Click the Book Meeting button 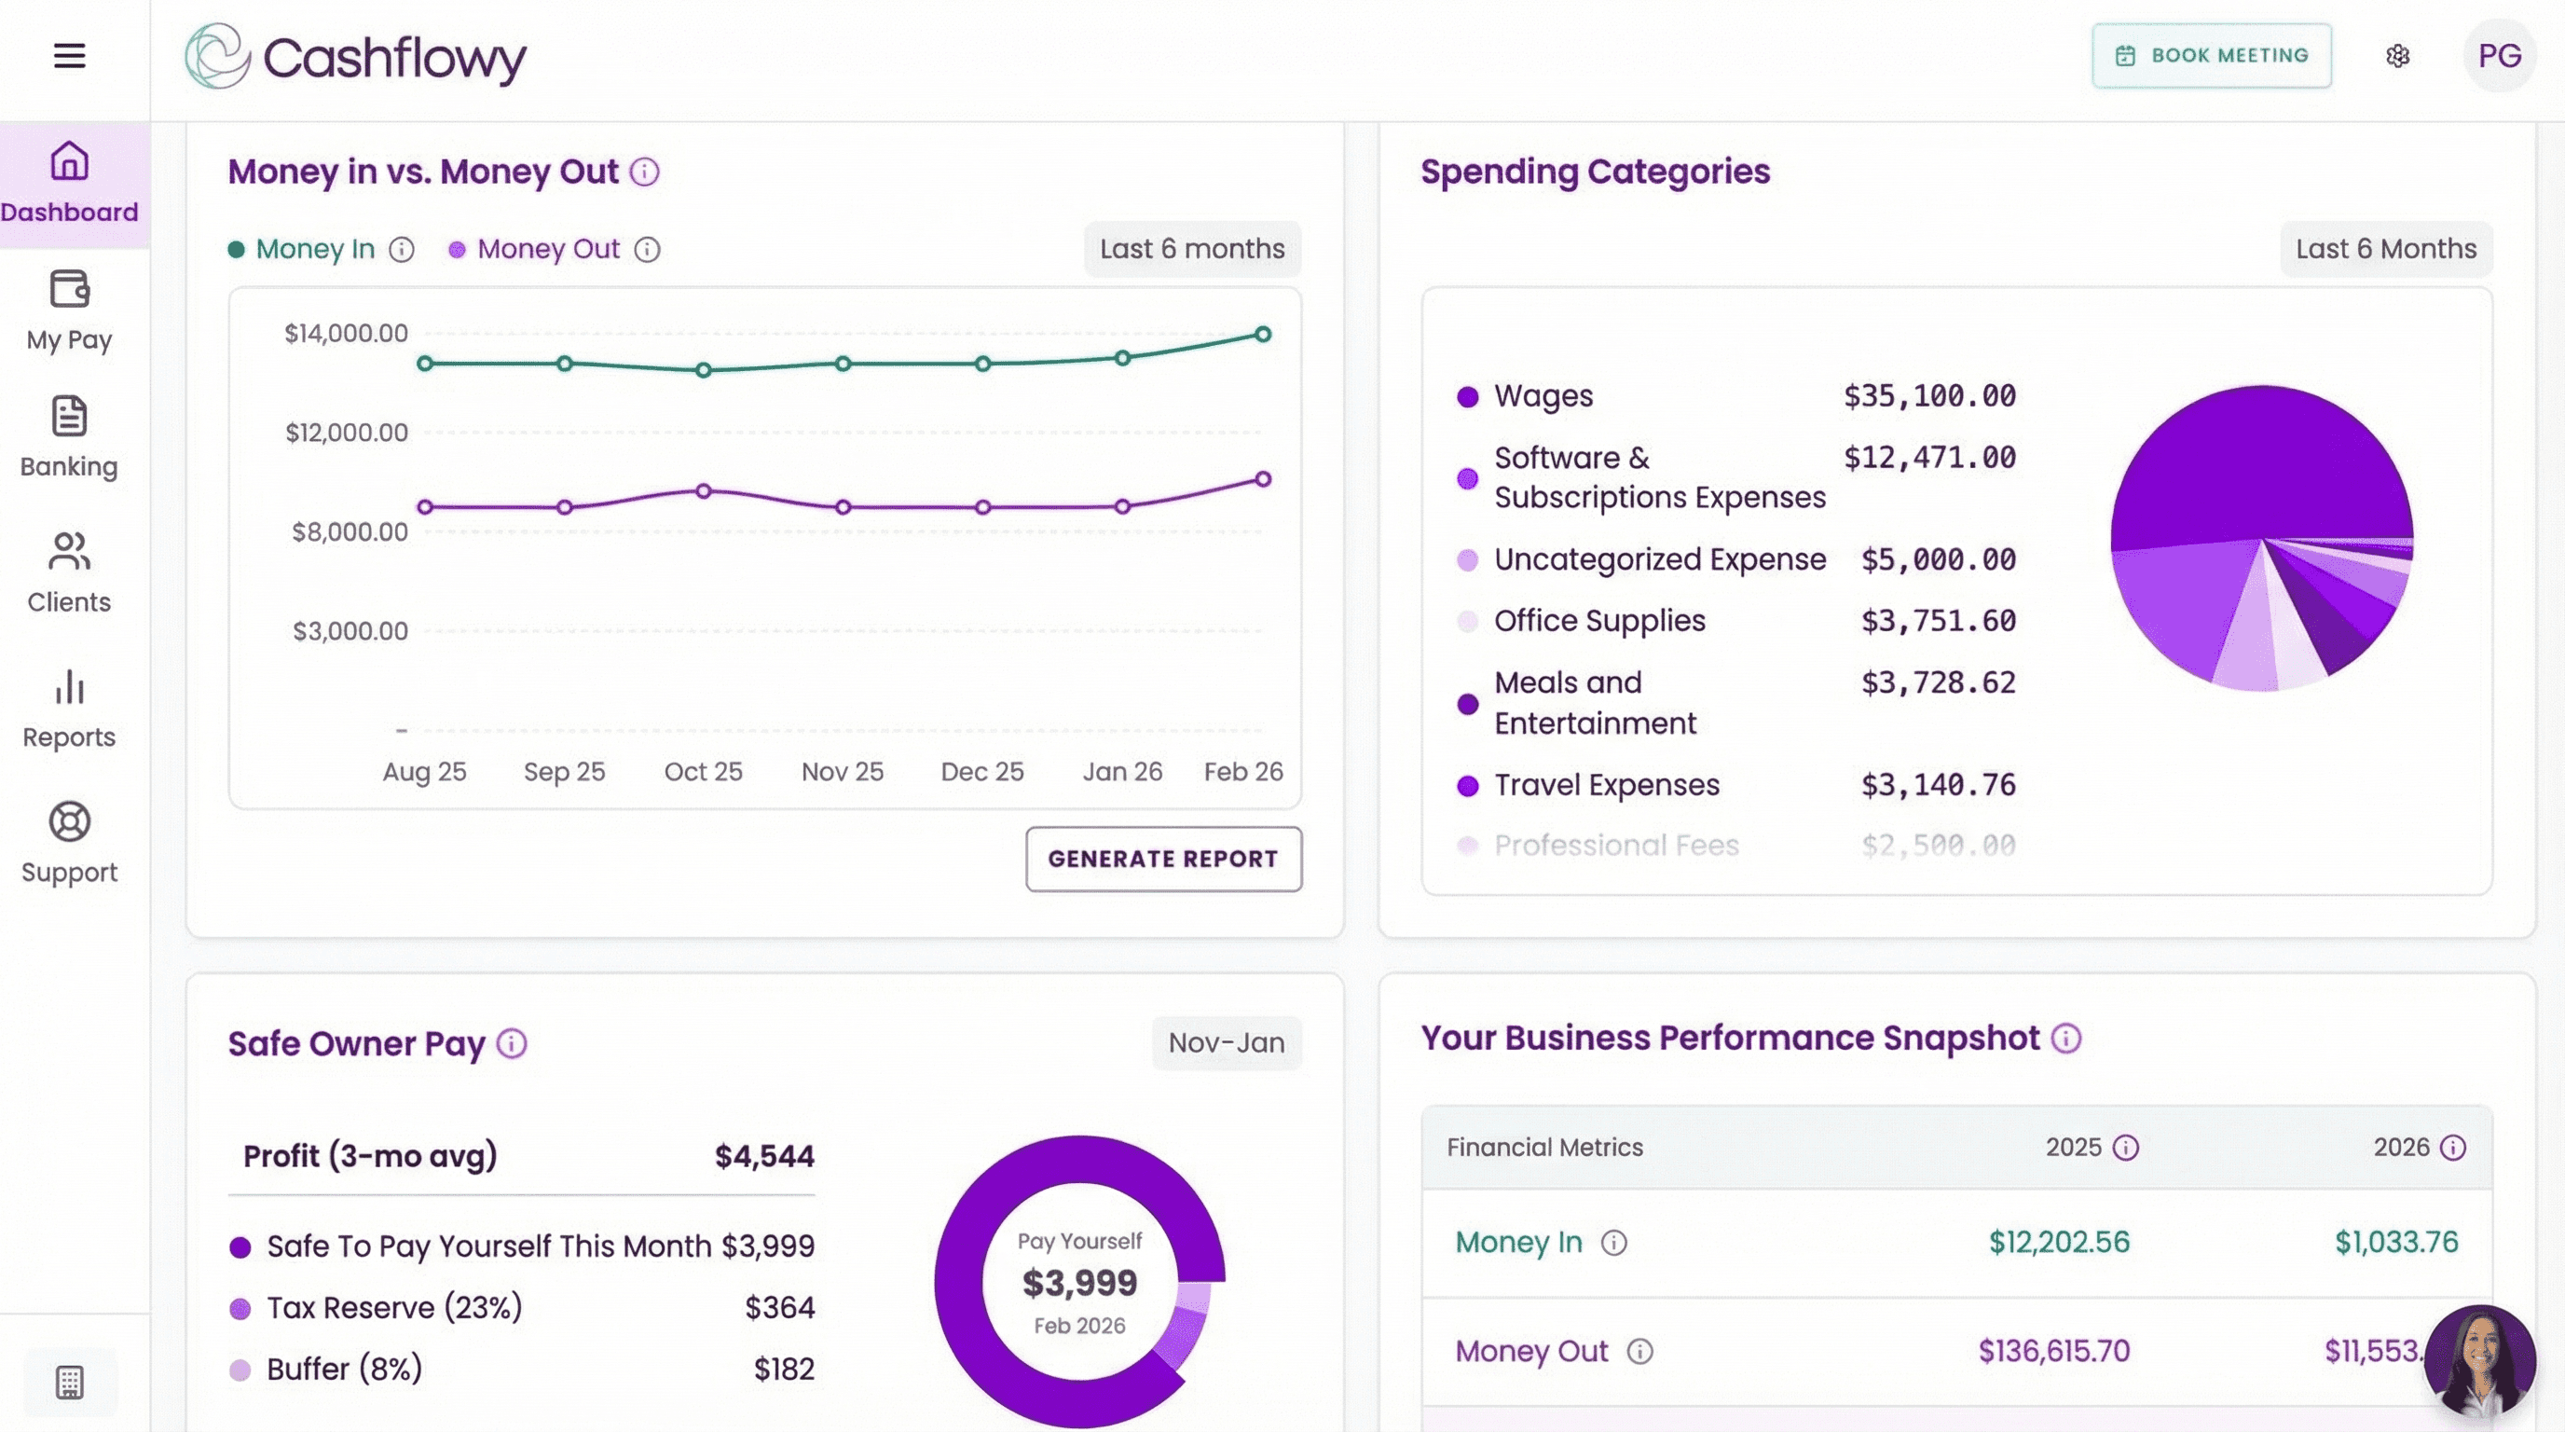(x=2211, y=56)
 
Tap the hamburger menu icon (x=69, y=56)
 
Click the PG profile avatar (x=2498, y=56)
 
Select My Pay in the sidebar (x=69, y=310)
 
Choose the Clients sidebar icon (x=69, y=571)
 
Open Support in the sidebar (x=69, y=843)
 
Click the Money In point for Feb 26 (x=1263, y=335)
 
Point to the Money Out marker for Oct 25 (x=703, y=491)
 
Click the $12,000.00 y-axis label (x=347, y=433)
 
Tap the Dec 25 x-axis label (x=981, y=772)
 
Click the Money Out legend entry (x=548, y=249)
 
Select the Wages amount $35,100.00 (x=1928, y=396)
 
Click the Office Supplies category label (x=1599, y=620)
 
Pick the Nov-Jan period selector (x=1226, y=1042)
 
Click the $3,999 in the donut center (x=1079, y=1283)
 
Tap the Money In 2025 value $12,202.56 (x=2058, y=1242)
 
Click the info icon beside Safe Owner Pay (x=512, y=1043)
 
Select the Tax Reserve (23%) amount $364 (x=779, y=1307)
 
